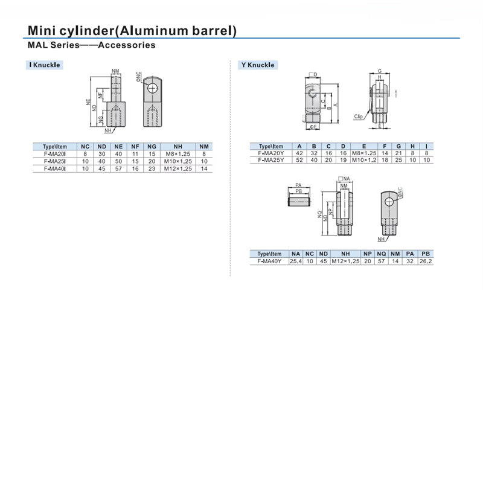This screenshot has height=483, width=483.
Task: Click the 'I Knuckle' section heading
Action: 45,65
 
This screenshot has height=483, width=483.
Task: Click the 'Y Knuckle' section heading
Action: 258,65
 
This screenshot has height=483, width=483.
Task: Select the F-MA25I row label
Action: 55,161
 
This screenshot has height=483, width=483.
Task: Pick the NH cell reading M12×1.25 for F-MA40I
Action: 178,169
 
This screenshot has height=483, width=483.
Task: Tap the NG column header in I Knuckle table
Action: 152,147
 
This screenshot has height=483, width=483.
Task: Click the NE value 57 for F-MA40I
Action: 118,169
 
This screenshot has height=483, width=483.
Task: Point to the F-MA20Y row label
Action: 271,153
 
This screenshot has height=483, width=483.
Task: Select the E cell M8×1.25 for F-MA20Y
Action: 364,153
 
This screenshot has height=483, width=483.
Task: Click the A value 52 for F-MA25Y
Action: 299,160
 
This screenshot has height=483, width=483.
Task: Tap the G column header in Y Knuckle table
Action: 398,146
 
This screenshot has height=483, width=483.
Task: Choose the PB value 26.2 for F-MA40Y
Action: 426,261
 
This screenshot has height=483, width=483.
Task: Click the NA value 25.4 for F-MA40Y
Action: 295,261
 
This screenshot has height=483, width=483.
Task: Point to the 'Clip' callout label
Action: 358,117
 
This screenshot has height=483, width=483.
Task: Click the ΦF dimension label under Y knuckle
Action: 313,127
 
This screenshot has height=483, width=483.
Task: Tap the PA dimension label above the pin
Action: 298,185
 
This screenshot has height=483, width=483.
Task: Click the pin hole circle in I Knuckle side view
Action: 153,88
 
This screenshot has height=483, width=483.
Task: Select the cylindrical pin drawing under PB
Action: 299,202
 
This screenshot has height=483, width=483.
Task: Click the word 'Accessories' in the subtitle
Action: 127,45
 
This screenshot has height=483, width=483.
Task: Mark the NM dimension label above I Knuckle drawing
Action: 115,71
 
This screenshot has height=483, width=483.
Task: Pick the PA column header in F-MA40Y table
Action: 410,254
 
